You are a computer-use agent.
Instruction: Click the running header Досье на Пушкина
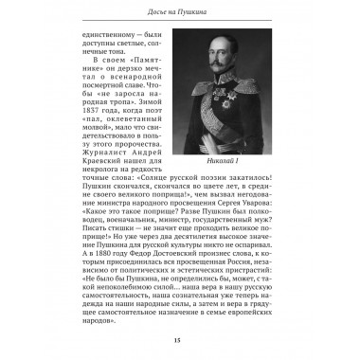tap(179, 10)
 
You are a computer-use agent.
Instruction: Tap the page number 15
tap(179, 340)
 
